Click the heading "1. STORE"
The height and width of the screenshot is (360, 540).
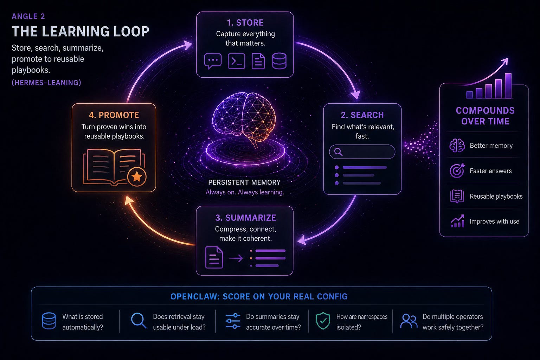click(245, 22)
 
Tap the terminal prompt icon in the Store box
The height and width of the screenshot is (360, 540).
click(237, 61)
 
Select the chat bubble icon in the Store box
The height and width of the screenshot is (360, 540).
click(213, 61)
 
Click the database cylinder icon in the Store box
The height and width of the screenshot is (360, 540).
click(279, 61)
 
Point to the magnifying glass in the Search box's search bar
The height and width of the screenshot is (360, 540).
click(338, 152)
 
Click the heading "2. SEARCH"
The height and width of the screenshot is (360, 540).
click(362, 115)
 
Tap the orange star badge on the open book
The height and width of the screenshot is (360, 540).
click(137, 176)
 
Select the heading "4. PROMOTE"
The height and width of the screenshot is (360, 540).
click(114, 115)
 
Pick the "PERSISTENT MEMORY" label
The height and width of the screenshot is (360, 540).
click(244, 182)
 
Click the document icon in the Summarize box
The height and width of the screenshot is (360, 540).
click(214, 257)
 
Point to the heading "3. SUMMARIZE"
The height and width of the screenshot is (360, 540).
click(245, 218)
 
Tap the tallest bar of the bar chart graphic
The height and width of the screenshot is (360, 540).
click(508, 85)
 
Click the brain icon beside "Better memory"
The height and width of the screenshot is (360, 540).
click(457, 146)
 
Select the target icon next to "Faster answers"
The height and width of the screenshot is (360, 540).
click(457, 171)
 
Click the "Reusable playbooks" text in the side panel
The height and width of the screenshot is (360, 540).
click(496, 196)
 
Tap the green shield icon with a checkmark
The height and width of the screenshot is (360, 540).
click(323, 321)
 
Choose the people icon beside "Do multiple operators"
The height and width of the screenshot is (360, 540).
click(409, 321)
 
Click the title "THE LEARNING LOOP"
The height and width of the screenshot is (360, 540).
click(81, 31)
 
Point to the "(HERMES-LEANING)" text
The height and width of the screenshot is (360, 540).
click(46, 83)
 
